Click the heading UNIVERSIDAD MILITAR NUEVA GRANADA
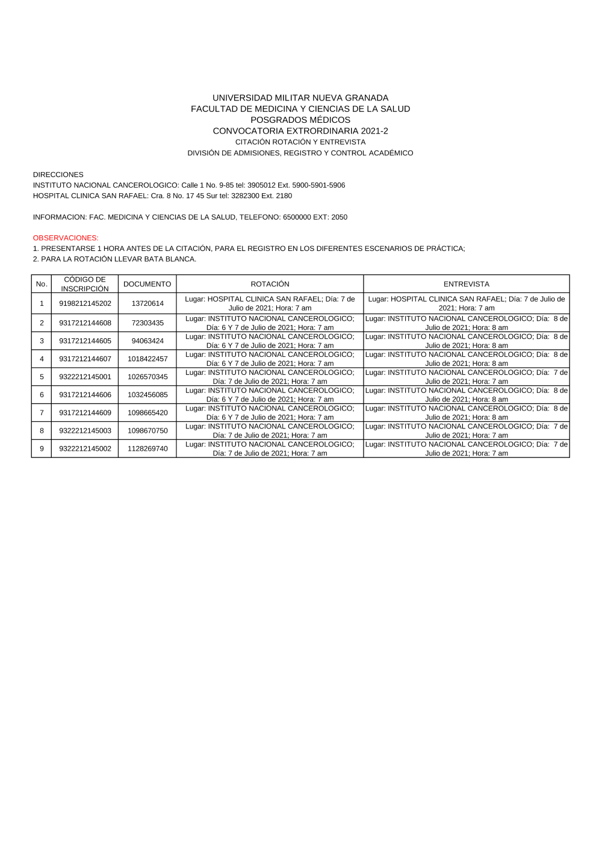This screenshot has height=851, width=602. click(x=300, y=97)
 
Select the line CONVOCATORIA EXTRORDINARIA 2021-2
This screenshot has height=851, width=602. click(x=300, y=131)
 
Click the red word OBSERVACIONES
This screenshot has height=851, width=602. click(x=66, y=238)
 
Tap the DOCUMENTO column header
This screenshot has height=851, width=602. click(x=147, y=284)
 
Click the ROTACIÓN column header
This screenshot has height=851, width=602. click(x=270, y=284)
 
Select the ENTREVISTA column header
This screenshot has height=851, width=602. click(x=466, y=284)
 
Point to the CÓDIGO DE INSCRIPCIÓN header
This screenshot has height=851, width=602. click(x=85, y=284)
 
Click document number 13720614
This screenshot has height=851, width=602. click(x=147, y=303)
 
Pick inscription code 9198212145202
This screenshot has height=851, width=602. click(x=85, y=303)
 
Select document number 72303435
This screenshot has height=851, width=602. click(x=147, y=323)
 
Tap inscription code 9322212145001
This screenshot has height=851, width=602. click(x=85, y=377)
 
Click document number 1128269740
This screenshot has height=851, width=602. click(x=147, y=449)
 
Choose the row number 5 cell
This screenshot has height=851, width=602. click(x=42, y=377)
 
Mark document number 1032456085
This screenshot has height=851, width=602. click(x=147, y=395)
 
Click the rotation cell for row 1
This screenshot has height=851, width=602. click(x=270, y=303)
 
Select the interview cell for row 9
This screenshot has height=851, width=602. click(x=466, y=449)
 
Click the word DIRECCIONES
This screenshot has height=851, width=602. click(x=58, y=175)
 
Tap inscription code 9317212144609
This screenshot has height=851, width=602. click(x=85, y=413)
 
